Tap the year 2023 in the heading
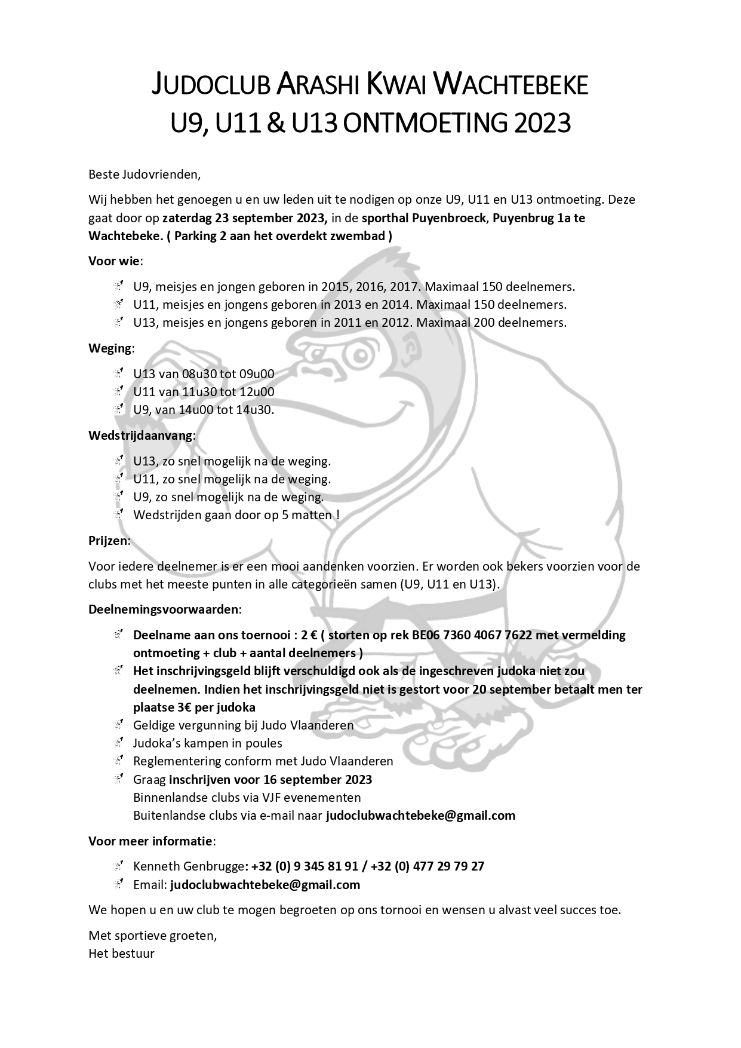[542, 124]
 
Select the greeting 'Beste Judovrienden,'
[145, 174]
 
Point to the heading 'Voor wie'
[115, 261]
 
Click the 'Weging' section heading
[110, 348]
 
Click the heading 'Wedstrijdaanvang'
[141, 435]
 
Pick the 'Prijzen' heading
[109, 541]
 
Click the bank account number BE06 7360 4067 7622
[472, 635]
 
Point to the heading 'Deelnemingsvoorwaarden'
[164, 609]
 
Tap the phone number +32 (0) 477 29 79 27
[428, 866]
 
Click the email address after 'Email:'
[265, 884]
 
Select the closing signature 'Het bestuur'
[121, 954]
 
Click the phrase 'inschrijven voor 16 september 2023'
[270, 779]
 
